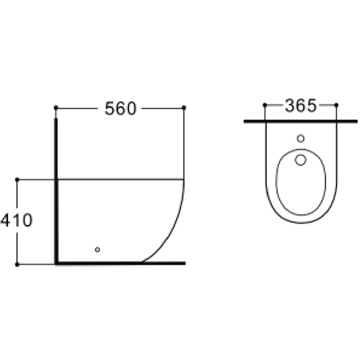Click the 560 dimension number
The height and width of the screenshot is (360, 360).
coord(120,108)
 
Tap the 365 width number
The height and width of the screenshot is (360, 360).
coord(300,106)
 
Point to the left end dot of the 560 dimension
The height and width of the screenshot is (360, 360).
coord(56,107)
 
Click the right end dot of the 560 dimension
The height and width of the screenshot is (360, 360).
coord(184,107)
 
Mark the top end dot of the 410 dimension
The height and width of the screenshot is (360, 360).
coord(18,180)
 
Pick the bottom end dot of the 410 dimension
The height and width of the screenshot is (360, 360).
coord(18,263)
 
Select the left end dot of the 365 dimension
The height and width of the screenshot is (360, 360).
coord(264,105)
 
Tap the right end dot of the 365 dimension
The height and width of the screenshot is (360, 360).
coord(336,105)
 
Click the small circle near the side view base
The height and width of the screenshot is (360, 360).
coord(97,249)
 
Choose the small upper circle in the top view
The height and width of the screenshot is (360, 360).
coord(301,139)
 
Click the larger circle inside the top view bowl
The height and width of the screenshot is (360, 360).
coord(301,161)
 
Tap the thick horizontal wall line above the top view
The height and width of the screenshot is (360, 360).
coord(301,122)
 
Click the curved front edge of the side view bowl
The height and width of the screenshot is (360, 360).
coord(174,230)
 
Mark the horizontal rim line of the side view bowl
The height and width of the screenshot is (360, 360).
coord(122,180)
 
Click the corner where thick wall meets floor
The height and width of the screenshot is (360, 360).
coord(57,263)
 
